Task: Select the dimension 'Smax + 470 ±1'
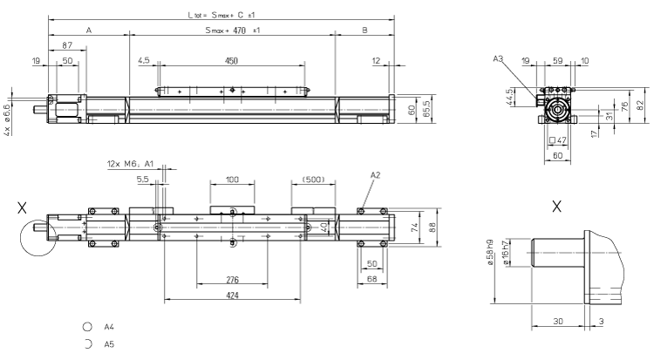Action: point(231,31)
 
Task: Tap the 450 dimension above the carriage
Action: point(231,62)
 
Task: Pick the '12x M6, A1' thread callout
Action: point(130,163)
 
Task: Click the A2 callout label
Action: point(375,175)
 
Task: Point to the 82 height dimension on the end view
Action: point(642,104)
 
